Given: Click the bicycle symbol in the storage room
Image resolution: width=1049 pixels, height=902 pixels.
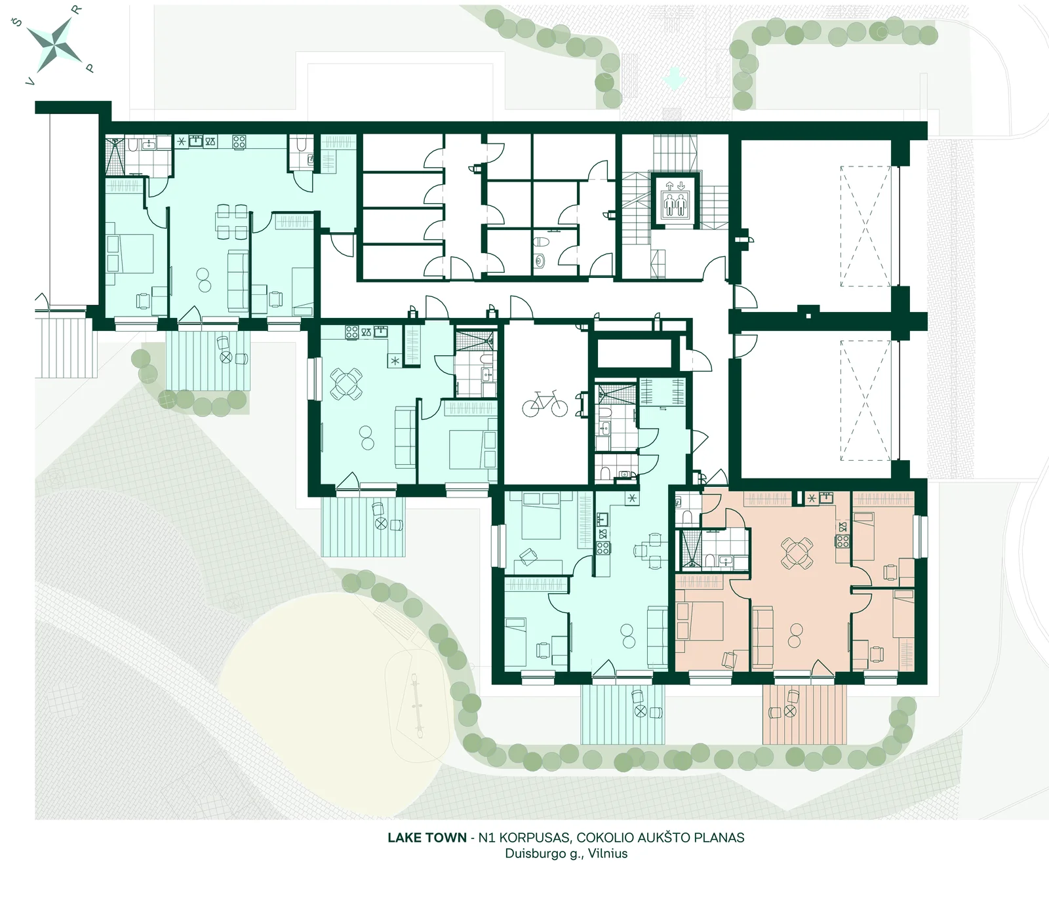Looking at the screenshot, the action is click(x=544, y=404).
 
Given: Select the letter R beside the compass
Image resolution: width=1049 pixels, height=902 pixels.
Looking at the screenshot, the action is click(x=77, y=10).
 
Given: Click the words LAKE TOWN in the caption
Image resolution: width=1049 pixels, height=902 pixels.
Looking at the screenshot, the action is click(x=427, y=838).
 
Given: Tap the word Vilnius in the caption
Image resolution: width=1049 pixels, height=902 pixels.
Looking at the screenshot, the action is click(x=608, y=853).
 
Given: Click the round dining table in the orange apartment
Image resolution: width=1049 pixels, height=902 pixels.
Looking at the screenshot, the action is click(x=797, y=553).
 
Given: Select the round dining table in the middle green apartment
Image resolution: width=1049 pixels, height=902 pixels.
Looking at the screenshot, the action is click(x=346, y=384).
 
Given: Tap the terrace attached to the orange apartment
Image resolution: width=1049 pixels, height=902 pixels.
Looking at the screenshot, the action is click(x=804, y=714).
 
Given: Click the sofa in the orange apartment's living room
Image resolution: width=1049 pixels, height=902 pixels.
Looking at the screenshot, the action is click(x=763, y=637).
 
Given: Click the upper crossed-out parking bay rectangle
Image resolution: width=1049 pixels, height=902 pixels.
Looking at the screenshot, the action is click(x=865, y=226).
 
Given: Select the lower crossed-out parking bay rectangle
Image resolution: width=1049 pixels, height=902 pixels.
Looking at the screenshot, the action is click(x=865, y=401).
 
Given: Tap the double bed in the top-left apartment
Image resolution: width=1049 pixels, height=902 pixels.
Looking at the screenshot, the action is click(x=130, y=253).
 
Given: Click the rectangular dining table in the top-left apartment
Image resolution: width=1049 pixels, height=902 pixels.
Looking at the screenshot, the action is click(x=232, y=222).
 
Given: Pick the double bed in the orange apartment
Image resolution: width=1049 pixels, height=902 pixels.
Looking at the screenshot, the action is click(x=700, y=620).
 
